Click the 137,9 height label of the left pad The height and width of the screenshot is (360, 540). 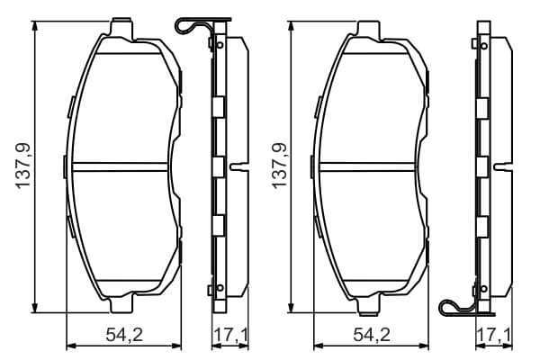tap(23, 166)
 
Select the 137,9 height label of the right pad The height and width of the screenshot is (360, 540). tap(280, 166)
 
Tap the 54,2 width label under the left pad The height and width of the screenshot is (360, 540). tap(124, 335)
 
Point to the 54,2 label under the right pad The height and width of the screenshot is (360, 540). tap(372, 335)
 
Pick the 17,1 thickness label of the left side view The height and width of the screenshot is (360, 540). tap(230, 335)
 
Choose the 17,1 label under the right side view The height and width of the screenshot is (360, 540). tap(494, 335)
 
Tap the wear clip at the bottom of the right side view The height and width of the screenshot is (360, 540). tap(465, 308)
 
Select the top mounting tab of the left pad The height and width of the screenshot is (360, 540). tap(121, 26)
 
